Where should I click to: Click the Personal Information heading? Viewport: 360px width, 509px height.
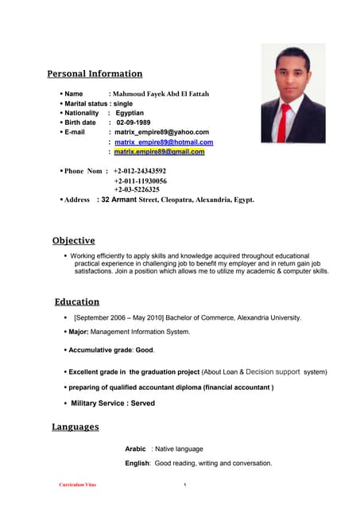coord(95,74)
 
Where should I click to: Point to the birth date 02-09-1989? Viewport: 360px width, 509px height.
coord(132,122)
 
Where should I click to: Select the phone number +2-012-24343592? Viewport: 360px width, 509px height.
coord(140,171)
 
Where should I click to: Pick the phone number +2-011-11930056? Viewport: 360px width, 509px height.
coord(140,181)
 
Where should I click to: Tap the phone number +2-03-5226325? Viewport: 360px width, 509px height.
coord(137,190)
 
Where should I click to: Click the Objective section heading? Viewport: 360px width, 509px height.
coord(73,240)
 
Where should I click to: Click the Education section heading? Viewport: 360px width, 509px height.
coord(77,301)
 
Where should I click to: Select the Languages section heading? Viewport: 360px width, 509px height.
coord(75,427)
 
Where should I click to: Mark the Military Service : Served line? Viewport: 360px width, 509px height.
coord(113,403)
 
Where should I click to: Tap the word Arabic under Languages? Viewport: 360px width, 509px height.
coord(135,449)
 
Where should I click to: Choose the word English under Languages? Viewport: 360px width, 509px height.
coord(137,463)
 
